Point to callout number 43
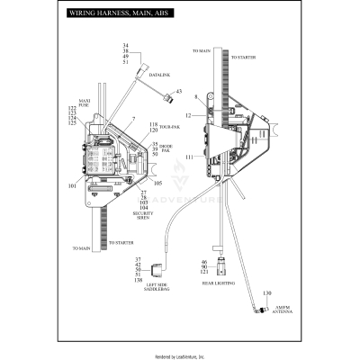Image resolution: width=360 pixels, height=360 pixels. [178, 92]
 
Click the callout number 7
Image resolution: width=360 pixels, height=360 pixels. [133, 119]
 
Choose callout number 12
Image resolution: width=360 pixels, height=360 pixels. [188, 116]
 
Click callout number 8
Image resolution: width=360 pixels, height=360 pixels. [195, 96]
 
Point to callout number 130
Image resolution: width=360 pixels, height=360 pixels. [266, 293]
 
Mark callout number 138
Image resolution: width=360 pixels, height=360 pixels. [137, 281]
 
